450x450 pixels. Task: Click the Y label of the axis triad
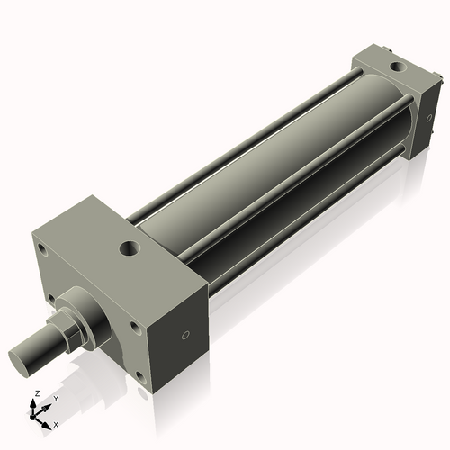[55, 397]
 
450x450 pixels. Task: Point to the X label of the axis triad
[56, 422]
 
